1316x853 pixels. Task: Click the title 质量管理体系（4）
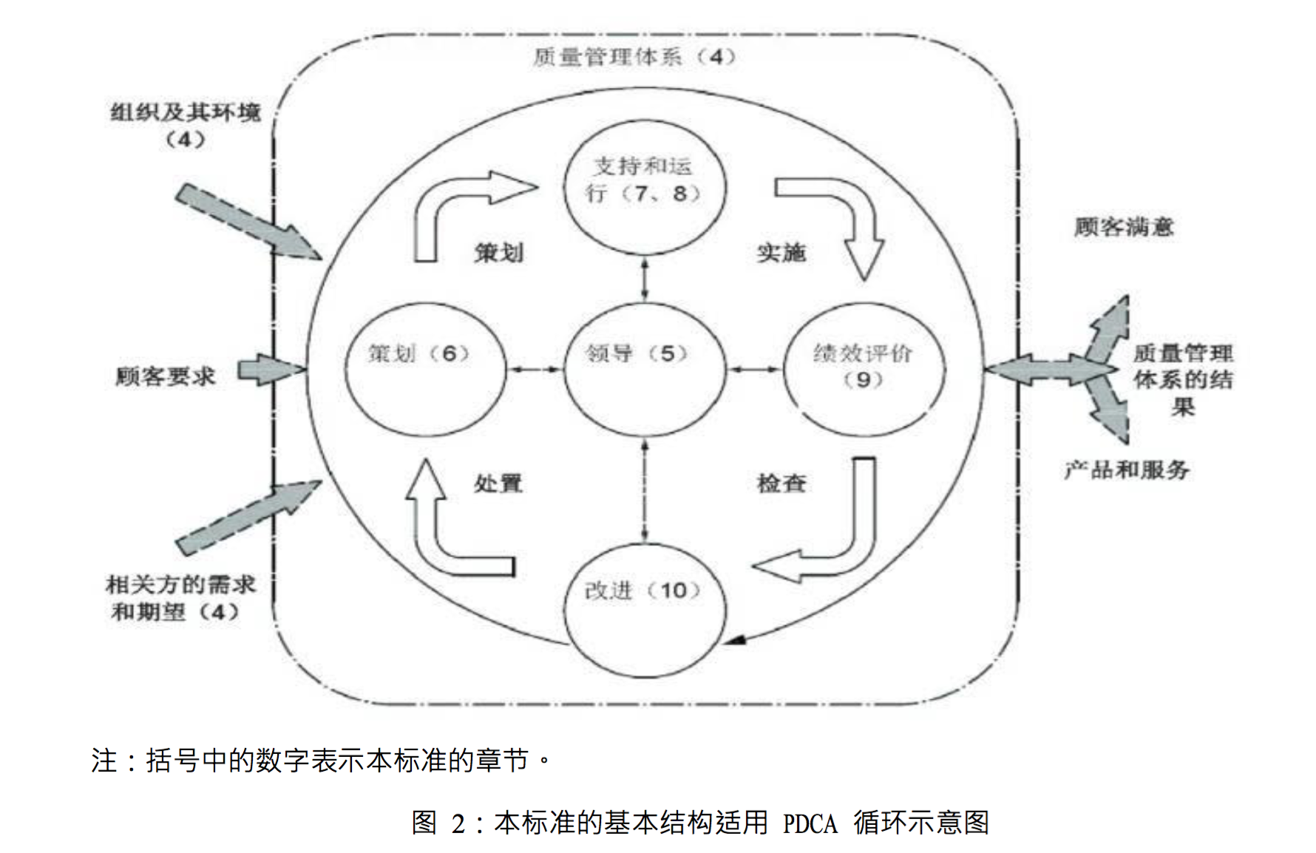(634, 57)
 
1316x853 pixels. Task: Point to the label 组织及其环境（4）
(186, 125)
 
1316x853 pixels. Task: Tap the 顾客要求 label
(165, 376)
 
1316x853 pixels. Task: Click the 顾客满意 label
(1124, 226)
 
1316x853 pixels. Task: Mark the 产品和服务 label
(1127, 469)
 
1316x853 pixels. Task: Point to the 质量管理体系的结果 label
(1183, 379)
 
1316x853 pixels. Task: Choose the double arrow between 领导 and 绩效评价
(754, 368)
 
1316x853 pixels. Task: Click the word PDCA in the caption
(810, 823)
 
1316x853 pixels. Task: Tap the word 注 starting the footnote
(104, 760)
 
